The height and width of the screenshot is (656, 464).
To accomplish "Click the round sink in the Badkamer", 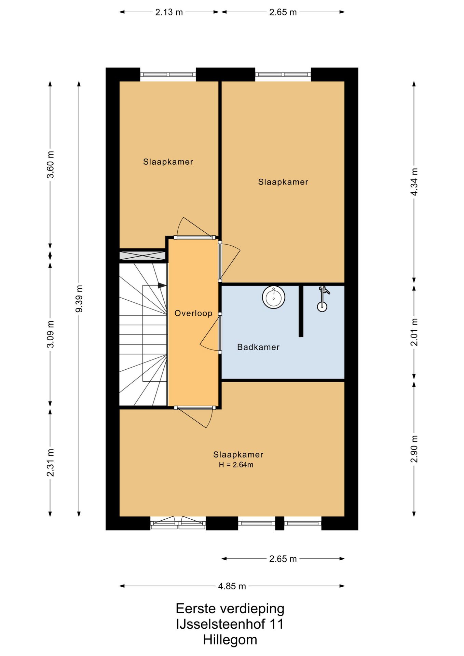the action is point(273,297).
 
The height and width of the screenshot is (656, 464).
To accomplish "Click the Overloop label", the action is point(193,313).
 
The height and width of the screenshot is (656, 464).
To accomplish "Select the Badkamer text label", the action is point(258,347).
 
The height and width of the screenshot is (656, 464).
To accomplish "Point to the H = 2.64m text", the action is point(236,465).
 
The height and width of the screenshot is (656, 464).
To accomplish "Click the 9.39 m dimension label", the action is point(79,299).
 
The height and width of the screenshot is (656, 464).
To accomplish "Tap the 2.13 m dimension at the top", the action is point(169,12).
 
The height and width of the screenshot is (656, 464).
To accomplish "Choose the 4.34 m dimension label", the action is point(414,182).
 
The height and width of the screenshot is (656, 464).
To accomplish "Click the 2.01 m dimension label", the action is point(414,332).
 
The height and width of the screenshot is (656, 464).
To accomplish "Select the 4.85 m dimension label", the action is point(232,586).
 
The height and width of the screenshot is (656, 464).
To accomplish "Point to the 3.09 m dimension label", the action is point(50,334).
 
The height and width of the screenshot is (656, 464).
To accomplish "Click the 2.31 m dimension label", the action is point(50,463).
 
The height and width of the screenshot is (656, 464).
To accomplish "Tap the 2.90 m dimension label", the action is point(414,449).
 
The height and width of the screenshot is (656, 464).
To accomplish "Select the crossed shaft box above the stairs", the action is point(142,255).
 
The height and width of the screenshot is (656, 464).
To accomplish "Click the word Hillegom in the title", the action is point(230,640).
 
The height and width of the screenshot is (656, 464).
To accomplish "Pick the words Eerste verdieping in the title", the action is point(230,609).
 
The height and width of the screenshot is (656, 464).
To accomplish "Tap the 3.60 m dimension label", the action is point(50,165).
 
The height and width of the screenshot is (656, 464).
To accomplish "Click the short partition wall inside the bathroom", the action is point(301,311).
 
